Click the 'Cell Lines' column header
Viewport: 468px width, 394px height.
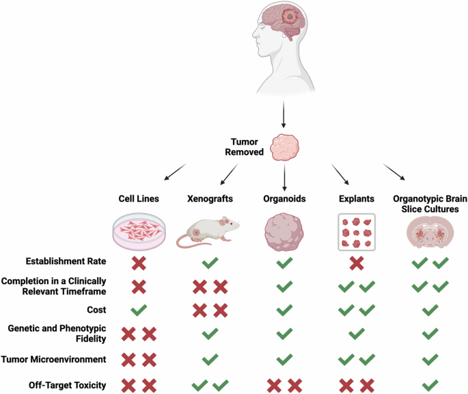(139, 199)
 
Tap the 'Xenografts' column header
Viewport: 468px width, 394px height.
(210, 199)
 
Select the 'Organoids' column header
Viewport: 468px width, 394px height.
(284, 199)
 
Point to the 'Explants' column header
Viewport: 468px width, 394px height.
(357, 199)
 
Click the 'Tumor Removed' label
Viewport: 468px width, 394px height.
(244, 147)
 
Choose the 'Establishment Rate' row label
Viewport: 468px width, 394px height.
(66, 262)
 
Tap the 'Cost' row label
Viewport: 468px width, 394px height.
(96, 310)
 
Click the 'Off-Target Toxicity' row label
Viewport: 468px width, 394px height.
(68, 385)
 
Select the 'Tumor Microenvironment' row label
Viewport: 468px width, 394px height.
(54, 359)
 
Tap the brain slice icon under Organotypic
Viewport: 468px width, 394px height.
(430, 232)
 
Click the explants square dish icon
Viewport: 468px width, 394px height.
(357, 232)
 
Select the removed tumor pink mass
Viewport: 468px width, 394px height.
(284, 147)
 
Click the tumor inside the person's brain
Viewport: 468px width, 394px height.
(289, 16)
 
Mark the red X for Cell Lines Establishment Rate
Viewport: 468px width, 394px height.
(139, 263)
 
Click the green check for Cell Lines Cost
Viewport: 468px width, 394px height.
(139, 310)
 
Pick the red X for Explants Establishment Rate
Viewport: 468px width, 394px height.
(357, 263)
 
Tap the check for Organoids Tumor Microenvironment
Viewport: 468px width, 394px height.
(284, 359)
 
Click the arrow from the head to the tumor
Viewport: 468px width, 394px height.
(284, 114)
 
